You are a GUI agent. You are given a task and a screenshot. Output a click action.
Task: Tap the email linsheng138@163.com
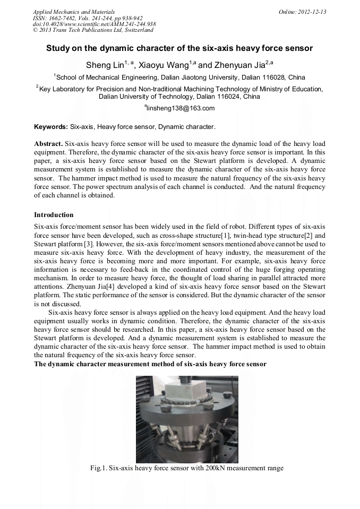pos(181,108)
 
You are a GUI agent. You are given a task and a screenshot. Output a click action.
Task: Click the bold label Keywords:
pos(51,127)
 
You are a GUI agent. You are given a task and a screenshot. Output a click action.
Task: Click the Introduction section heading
pos(54,215)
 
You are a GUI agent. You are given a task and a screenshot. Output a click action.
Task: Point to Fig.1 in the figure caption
pos(98,468)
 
